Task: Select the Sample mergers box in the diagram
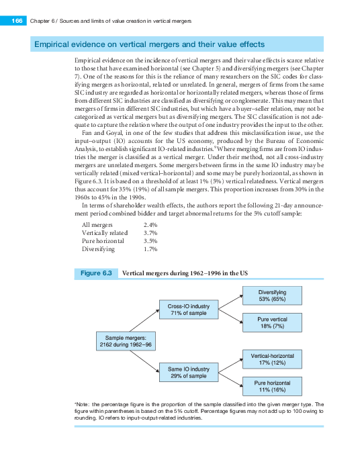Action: [x=127, y=340]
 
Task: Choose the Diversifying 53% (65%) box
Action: [x=273, y=295]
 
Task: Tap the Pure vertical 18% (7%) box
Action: [x=273, y=322]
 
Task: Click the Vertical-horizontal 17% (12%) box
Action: [x=273, y=359]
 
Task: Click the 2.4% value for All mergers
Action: [x=150, y=224]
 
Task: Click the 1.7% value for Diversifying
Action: [x=150, y=248]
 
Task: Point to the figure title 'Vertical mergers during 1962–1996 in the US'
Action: [x=185, y=273]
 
